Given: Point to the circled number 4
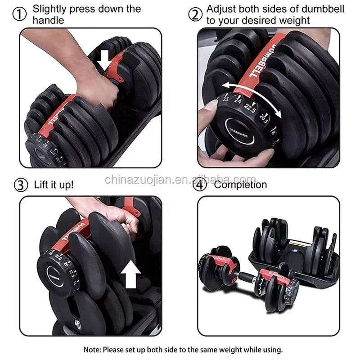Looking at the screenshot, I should point(199,184).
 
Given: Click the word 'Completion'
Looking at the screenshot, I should point(240,184).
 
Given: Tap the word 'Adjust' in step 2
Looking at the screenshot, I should point(220,9).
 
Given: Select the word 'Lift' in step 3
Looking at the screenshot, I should point(42,184).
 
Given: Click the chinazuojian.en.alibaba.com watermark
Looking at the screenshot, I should point(180,180).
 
